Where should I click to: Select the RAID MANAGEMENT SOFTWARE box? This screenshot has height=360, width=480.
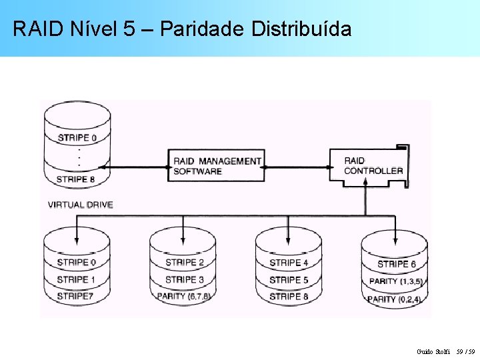click(x=217, y=166)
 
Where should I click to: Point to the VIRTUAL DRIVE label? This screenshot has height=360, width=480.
click(x=81, y=205)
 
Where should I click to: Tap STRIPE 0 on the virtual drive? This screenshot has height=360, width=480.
click(x=77, y=138)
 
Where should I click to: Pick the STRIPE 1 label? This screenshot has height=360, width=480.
click(x=76, y=279)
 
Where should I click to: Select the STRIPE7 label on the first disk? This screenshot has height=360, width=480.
click(x=75, y=295)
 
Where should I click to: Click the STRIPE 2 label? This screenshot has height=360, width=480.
click(x=185, y=263)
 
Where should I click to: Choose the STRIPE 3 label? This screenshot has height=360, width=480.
click(x=185, y=279)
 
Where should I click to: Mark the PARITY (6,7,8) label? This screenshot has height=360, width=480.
click(x=183, y=296)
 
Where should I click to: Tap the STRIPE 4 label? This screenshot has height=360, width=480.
click(x=289, y=263)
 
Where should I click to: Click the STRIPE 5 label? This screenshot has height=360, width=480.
click(x=289, y=280)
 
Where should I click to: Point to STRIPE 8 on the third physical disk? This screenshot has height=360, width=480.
click(x=289, y=296)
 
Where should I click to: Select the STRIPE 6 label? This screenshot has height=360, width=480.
click(x=396, y=264)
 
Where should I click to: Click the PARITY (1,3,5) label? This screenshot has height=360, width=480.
click(x=396, y=281)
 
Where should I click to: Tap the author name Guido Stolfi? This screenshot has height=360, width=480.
click(x=433, y=351)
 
